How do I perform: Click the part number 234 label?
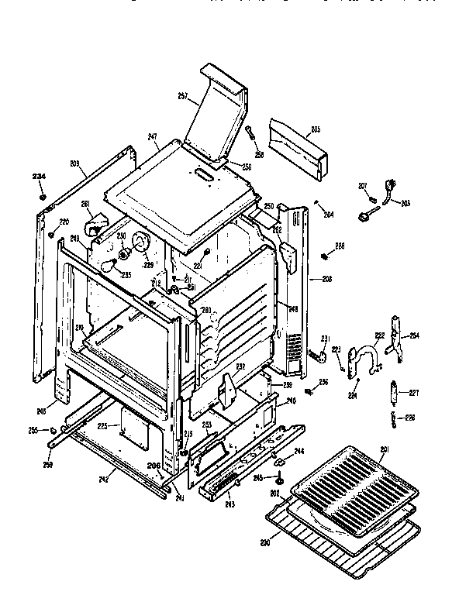[x=38, y=177]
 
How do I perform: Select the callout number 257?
[x=184, y=95]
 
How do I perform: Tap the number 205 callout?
[x=316, y=129]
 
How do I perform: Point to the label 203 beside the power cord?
[x=406, y=203]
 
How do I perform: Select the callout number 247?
[x=153, y=136]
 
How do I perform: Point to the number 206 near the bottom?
[x=154, y=466]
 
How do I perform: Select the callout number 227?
[x=413, y=392]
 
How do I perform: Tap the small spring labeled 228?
[x=323, y=256]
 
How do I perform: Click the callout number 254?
[x=414, y=335]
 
